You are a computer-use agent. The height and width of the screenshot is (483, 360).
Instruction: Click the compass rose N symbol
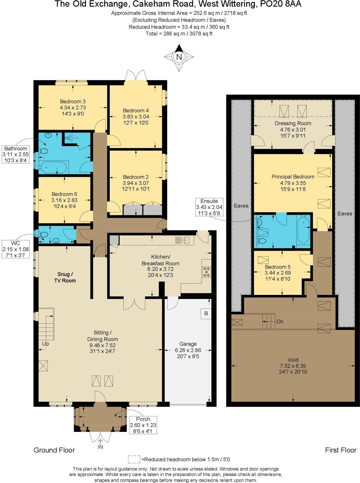click(179, 57)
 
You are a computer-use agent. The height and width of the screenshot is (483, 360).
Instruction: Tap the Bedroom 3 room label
click(73, 102)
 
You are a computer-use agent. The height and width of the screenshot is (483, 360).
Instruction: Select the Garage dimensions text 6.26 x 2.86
click(188, 350)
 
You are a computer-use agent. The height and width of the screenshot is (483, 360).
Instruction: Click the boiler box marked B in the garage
click(206, 314)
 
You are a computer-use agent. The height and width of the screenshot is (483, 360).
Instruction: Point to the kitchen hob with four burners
click(207, 272)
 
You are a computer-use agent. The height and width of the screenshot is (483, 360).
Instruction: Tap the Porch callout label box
click(143, 425)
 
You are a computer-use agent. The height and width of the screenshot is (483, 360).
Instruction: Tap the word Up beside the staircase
click(46, 344)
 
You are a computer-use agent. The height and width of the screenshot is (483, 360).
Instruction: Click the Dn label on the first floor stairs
click(280, 322)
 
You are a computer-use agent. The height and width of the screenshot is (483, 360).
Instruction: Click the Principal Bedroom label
click(293, 177)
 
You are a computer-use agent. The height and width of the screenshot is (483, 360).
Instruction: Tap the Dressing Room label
click(293, 123)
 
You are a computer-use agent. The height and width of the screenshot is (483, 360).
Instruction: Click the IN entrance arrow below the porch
click(100, 444)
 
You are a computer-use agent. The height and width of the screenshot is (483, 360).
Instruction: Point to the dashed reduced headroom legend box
click(134, 459)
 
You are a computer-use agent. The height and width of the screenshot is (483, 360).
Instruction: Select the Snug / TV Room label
click(65, 277)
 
